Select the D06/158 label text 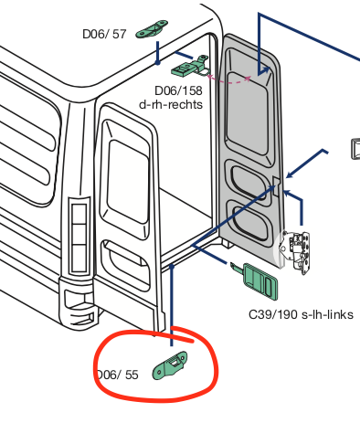[177, 90]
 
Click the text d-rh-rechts [170, 104]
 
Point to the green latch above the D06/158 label [191, 66]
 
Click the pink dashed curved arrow [233, 80]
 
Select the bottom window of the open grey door [247, 220]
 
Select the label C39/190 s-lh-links [301, 315]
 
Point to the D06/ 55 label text [118, 374]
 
